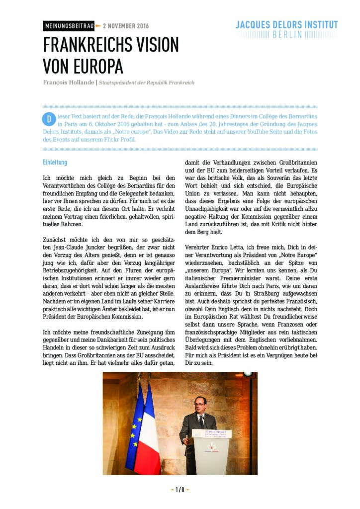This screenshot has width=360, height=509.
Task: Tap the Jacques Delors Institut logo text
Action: (x=287, y=25)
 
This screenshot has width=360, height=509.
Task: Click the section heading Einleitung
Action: (x=55, y=163)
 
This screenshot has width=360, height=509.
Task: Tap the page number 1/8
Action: (x=180, y=490)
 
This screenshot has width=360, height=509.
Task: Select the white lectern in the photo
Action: (x=212, y=455)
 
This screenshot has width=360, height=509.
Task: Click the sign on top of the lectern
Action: (x=212, y=433)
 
